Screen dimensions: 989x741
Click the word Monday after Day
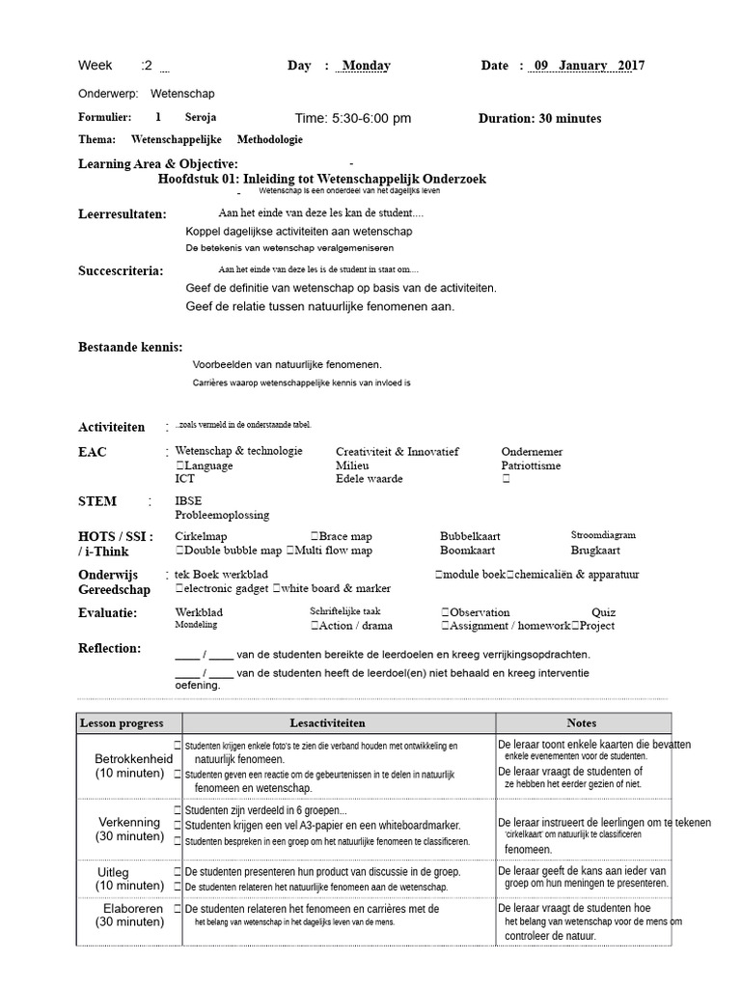[367, 66]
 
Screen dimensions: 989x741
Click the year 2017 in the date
[631, 66]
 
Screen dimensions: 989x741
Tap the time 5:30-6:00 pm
[352, 118]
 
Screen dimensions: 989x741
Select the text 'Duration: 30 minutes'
[539, 118]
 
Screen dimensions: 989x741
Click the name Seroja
[201, 117]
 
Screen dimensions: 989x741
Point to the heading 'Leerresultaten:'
[123, 213]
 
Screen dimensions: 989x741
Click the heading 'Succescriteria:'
[121, 270]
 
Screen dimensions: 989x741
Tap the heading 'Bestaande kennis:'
[130, 347]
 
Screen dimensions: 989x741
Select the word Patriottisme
[531, 466]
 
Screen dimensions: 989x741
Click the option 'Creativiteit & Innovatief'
[398, 452]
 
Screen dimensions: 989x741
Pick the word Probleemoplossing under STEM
[222, 515]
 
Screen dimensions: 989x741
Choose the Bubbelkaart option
[472, 536]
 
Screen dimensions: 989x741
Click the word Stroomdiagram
[603, 535]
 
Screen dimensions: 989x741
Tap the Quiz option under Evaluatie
[603, 612]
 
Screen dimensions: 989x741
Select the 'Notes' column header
[582, 722]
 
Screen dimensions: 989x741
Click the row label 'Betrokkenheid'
[133, 759]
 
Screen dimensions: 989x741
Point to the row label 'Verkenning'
[129, 822]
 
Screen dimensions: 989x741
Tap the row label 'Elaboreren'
[133, 909]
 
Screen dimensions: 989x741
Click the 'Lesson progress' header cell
[122, 722]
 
